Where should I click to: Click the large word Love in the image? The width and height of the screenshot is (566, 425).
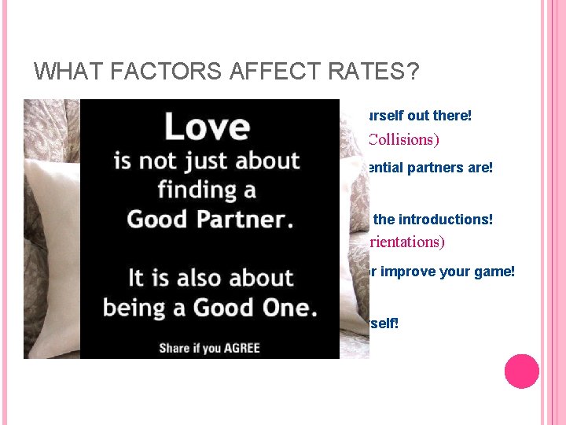[206, 126]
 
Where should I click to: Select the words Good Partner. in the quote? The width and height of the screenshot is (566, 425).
[210, 219]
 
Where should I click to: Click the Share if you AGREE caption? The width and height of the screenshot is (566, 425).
[209, 346]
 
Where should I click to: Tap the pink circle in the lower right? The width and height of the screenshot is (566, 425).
[521, 371]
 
